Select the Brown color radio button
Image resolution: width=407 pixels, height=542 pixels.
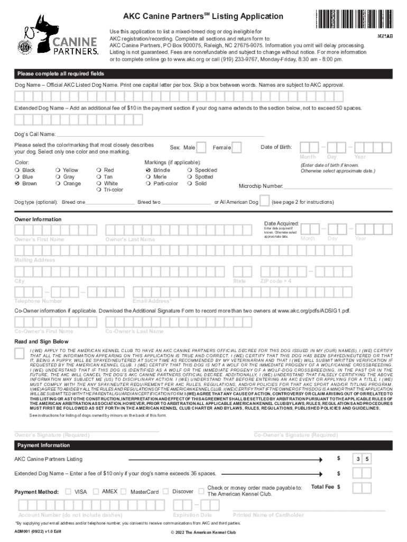point(17,184)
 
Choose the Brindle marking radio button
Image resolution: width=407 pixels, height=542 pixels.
point(148,170)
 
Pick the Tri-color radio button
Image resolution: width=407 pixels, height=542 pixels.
point(98,190)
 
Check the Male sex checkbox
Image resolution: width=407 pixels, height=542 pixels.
point(202,147)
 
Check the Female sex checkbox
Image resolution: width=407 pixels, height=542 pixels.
point(237,147)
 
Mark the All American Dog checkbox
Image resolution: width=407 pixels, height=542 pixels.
point(264,202)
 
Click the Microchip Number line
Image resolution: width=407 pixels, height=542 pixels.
point(338,186)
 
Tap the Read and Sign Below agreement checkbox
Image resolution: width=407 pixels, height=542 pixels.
point(19,354)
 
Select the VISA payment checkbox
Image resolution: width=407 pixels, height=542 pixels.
point(68,491)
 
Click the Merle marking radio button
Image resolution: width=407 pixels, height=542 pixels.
point(148,177)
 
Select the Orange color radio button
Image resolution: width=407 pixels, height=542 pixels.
point(58,184)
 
